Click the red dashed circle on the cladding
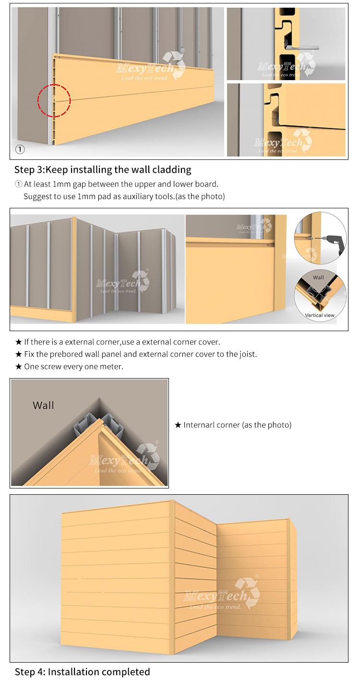pos(54,100)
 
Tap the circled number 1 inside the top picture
pos(20,149)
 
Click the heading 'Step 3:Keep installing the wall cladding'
pos(103,169)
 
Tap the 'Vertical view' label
pos(319,315)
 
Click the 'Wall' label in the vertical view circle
pos(318,277)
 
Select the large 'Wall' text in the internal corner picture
pos(43,405)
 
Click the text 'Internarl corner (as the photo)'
pos(237,425)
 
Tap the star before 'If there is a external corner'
pos(18,342)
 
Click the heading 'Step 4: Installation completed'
pos(82,672)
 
